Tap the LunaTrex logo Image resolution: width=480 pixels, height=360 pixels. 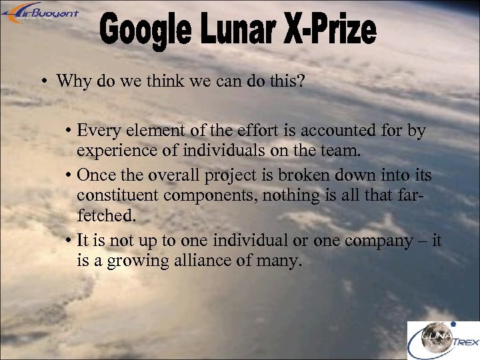443,341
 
